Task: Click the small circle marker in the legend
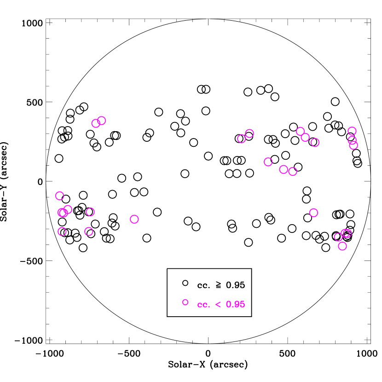click(x=185, y=302)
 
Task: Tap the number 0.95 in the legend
click(x=236, y=305)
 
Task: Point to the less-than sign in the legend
click(x=218, y=305)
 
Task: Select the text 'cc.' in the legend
click(x=203, y=305)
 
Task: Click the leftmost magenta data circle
click(x=59, y=196)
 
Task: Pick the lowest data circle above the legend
click(x=342, y=246)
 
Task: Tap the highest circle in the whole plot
click(x=102, y=121)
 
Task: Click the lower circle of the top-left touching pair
click(x=96, y=123)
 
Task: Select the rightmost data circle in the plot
click(x=353, y=145)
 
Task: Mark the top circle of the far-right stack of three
click(x=352, y=131)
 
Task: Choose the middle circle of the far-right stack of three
click(x=352, y=140)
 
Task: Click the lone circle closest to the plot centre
click(x=134, y=219)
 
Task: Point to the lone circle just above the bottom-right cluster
click(x=313, y=213)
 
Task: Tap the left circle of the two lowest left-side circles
click(x=62, y=232)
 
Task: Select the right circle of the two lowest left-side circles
click(x=89, y=232)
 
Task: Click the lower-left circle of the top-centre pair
click(x=242, y=139)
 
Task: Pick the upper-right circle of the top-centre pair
click(x=249, y=133)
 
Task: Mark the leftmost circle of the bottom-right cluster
click(x=338, y=237)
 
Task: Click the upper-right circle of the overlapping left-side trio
click(x=68, y=209)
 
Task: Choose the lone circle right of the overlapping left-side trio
click(x=90, y=212)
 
